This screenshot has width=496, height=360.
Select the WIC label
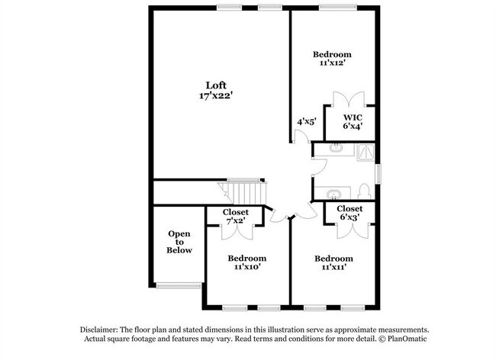pos(352,117)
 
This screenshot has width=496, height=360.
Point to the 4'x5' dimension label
pos(307,121)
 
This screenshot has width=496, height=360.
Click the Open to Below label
pos(180,242)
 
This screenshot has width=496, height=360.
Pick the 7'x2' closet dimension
pos(235,221)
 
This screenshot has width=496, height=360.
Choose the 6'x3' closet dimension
pos(349,217)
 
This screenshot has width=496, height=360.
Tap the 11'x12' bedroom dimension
pos(333,63)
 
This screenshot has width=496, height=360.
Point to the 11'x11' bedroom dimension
pos(333,268)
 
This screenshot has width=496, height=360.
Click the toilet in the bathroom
pos(364,190)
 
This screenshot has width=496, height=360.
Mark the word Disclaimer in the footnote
pos(103,328)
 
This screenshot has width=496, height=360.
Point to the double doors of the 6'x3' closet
pos(350,227)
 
